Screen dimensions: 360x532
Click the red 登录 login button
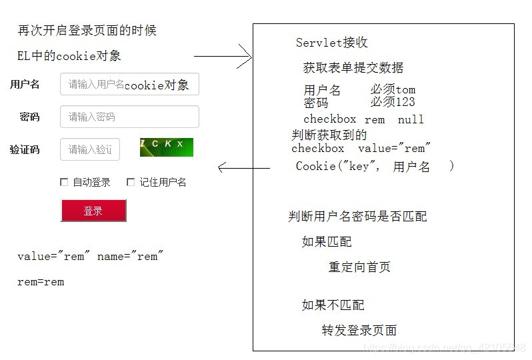click(93, 211)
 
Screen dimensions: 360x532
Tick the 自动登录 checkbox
click(64, 182)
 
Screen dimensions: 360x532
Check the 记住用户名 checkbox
click(131, 182)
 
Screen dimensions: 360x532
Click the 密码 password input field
click(129, 117)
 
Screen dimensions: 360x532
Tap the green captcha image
click(166, 147)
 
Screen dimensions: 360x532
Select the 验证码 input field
click(90, 149)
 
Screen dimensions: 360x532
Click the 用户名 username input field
click(129, 85)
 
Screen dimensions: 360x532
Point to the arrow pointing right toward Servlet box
click(223, 57)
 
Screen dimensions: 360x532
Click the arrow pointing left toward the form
click(244, 168)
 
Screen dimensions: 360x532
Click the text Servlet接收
click(331, 43)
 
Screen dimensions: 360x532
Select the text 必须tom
click(393, 89)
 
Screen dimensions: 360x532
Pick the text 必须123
click(393, 102)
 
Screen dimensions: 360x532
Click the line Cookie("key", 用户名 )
click(374, 167)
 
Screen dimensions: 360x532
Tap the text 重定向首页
click(359, 267)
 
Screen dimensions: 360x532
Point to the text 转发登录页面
click(359, 331)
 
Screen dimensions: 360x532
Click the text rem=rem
click(41, 282)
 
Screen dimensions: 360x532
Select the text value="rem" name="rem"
click(90, 257)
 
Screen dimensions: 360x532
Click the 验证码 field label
click(25, 149)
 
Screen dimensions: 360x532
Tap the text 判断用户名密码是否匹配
click(357, 217)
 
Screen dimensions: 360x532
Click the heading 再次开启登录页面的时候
click(87, 31)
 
